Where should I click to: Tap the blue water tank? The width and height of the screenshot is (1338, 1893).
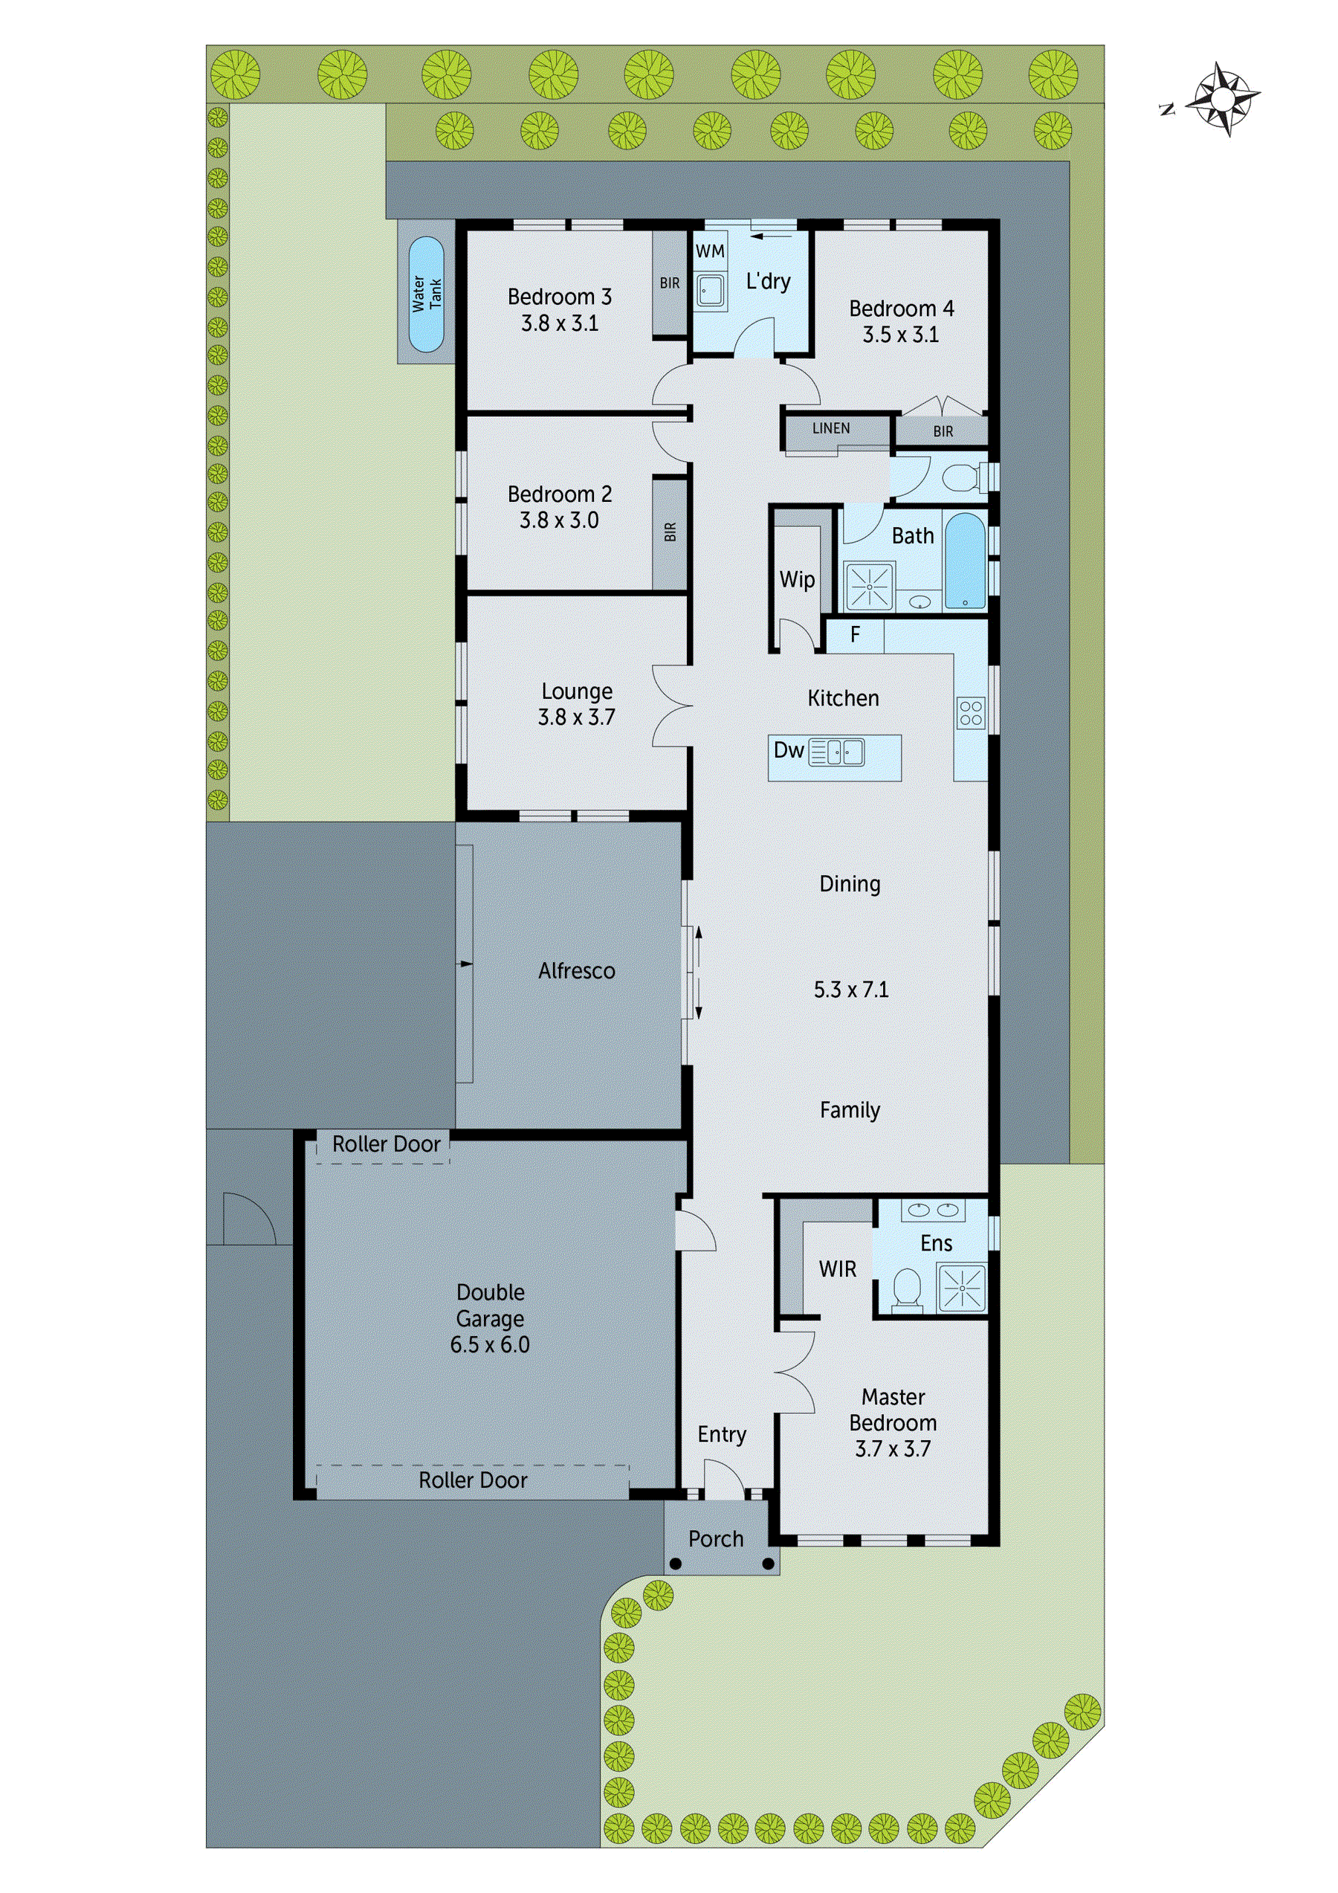(x=426, y=294)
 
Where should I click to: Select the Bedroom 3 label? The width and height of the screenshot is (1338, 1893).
(x=559, y=297)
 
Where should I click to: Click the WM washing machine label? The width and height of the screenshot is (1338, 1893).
(x=710, y=251)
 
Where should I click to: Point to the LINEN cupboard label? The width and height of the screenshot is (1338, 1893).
(x=830, y=429)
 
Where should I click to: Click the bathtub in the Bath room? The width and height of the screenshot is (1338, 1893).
(x=965, y=561)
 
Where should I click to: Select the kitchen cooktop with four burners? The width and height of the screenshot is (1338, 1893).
(x=970, y=712)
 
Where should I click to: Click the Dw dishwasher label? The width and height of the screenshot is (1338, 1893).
(x=788, y=750)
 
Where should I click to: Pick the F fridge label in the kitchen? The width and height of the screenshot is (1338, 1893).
(x=855, y=634)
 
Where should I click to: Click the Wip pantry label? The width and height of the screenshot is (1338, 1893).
(x=796, y=580)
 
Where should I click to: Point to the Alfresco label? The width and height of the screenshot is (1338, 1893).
(x=576, y=971)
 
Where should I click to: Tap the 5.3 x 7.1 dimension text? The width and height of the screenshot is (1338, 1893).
(x=851, y=990)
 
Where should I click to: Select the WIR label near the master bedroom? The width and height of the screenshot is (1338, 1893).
(x=837, y=1270)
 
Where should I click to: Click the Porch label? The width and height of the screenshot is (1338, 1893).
(x=716, y=1539)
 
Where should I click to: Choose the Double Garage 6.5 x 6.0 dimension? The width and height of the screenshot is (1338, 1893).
(x=490, y=1345)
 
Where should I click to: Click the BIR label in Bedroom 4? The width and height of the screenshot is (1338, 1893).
(x=943, y=432)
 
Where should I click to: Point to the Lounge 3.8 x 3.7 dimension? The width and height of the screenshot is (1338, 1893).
(x=576, y=717)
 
